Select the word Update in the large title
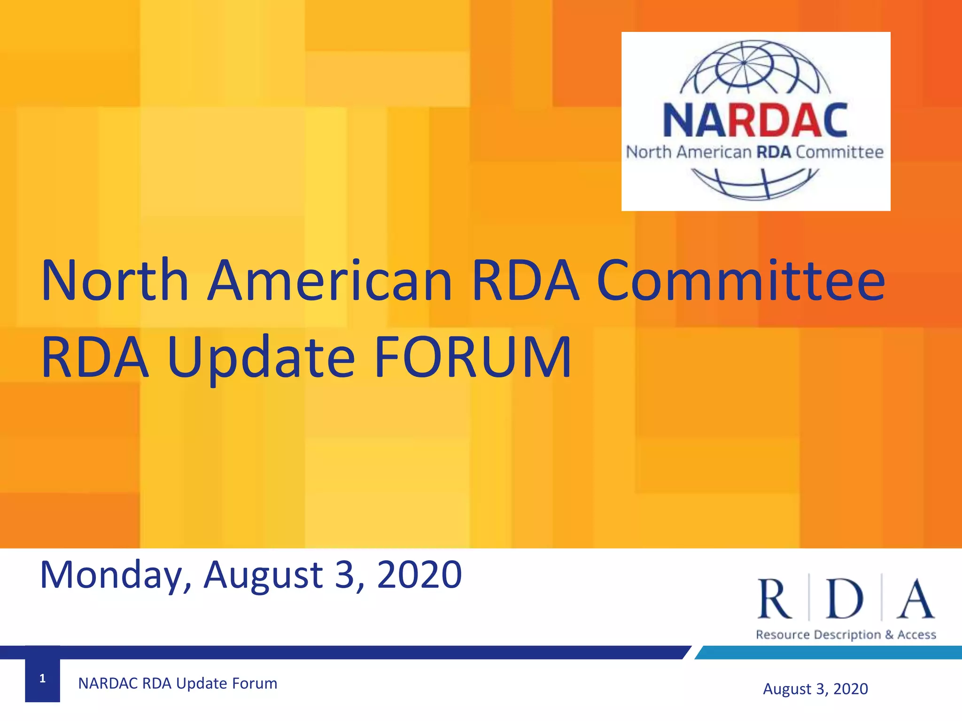coord(261,358)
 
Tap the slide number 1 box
coord(42,678)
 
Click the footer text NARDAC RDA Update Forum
coord(178,683)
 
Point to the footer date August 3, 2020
coord(815,689)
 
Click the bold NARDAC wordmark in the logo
coord(755,121)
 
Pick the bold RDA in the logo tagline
coord(773,152)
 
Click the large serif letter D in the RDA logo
coord(845,599)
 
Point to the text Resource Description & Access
coord(846,635)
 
